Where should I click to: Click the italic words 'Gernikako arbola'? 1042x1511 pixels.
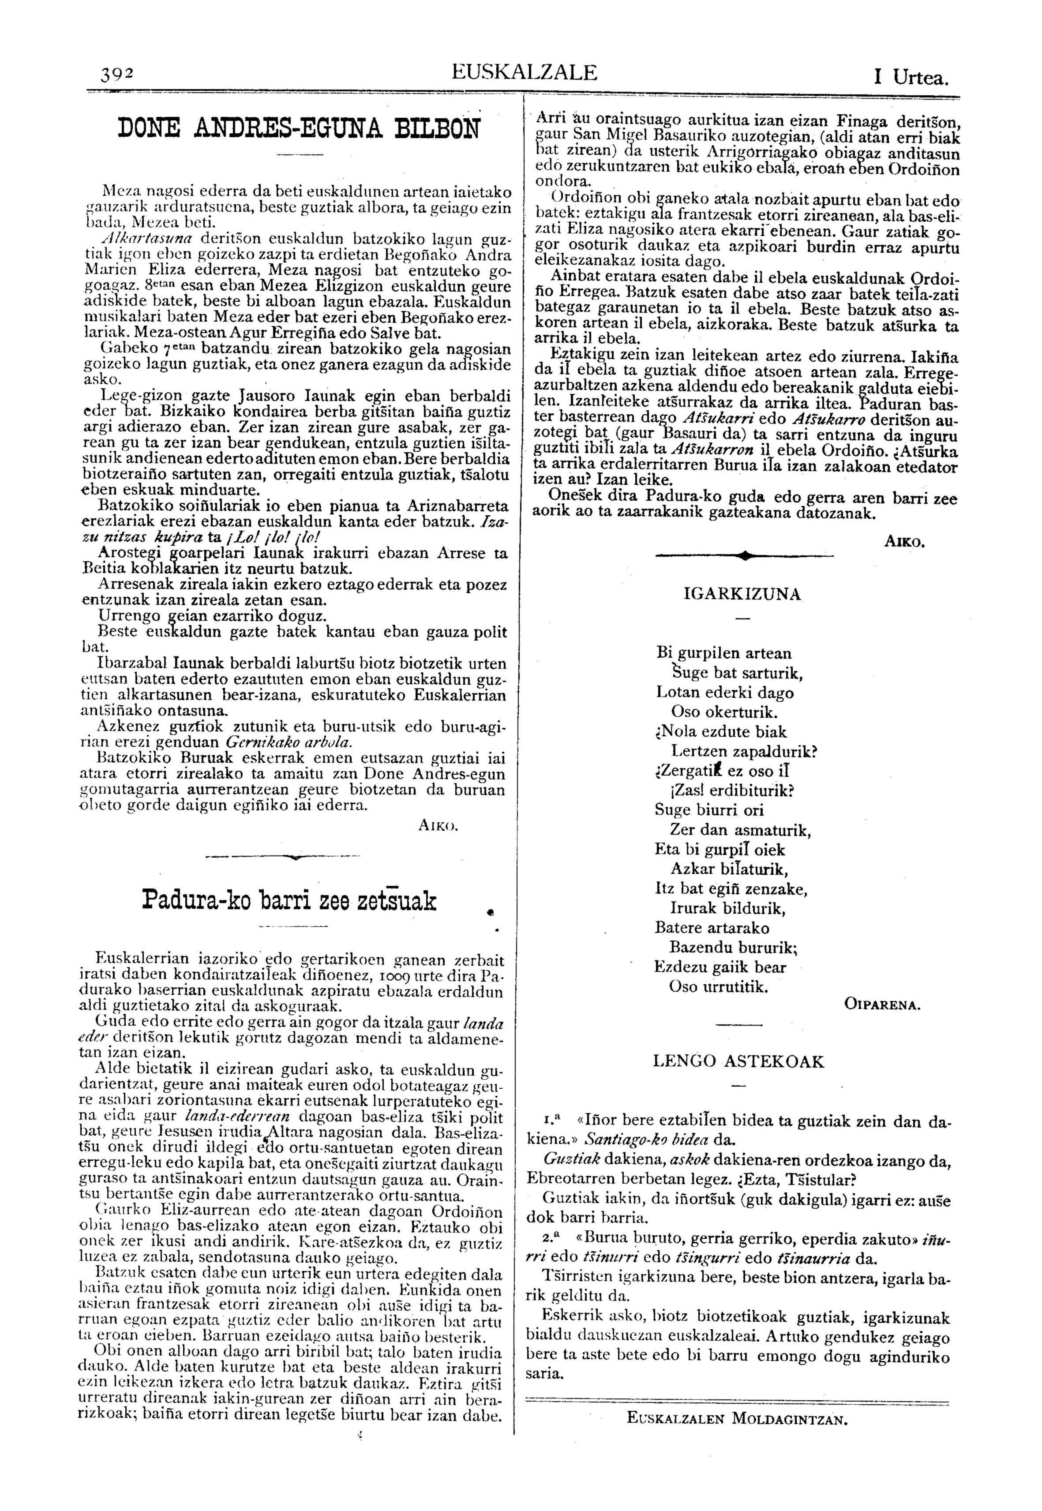(289, 743)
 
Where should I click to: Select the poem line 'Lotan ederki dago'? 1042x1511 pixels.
(725, 692)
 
